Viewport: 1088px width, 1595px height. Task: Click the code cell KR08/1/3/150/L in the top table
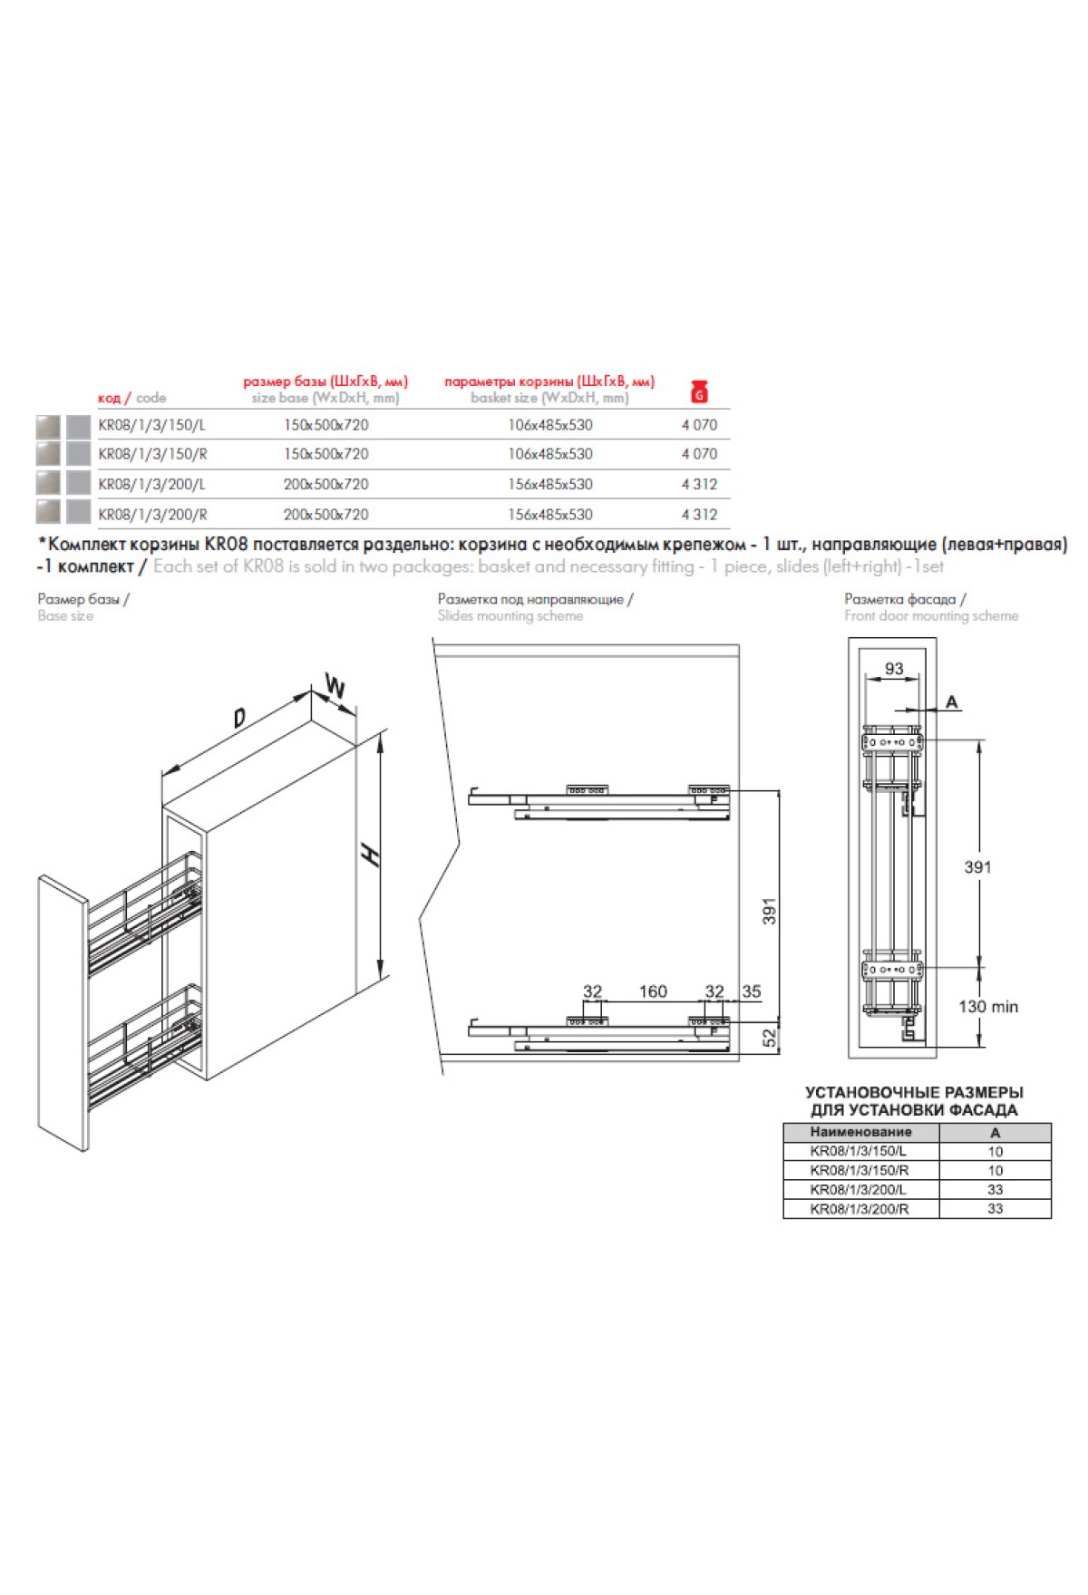(151, 424)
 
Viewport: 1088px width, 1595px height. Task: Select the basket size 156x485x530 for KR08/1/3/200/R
(549, 514)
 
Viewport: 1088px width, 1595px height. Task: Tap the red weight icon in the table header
(699, 391)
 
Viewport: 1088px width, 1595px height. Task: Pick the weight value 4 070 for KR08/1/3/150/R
(699, 454)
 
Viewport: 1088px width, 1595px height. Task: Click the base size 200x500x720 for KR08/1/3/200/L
(325, 484)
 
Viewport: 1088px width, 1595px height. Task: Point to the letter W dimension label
(335, 688)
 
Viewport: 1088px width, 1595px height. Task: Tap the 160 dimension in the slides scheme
(653, 991)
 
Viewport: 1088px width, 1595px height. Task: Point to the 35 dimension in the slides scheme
(752, 991)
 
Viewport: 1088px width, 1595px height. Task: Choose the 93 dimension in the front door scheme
(894, 669)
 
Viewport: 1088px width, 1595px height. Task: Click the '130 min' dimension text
(988, 1007)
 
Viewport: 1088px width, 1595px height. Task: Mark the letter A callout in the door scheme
(951, 701)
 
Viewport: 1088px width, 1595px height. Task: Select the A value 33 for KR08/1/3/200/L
(995, 1190)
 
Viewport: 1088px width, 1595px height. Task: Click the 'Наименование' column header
(860, 1132)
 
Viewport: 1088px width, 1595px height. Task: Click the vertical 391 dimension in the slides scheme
(770, 911)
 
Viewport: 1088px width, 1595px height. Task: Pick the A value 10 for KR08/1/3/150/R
(995, 1171)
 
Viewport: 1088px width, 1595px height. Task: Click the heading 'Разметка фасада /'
(905, 599)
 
